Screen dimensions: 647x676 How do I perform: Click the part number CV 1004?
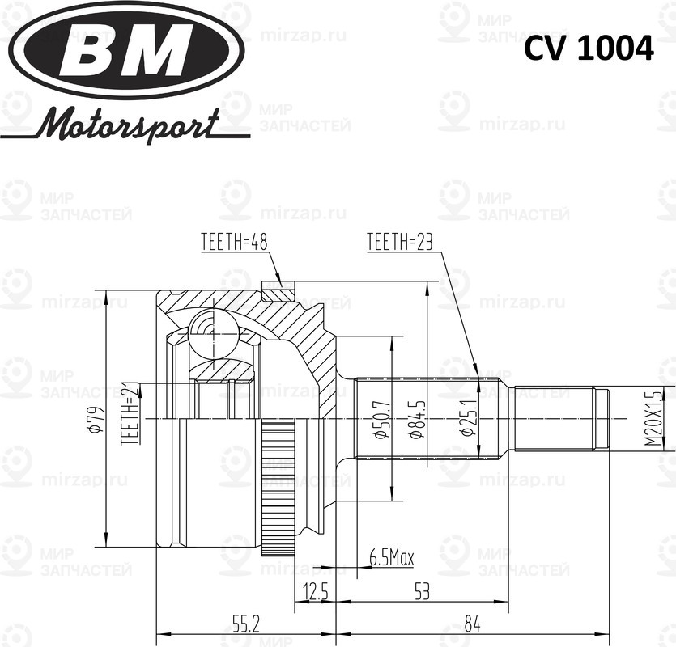[588, 49]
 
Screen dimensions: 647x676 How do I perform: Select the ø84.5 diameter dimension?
[414, 419]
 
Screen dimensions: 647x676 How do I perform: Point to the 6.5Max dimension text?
[391, 557]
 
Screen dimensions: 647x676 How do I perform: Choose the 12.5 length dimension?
[315, 592]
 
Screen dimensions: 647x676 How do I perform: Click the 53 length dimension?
[422, 592]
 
